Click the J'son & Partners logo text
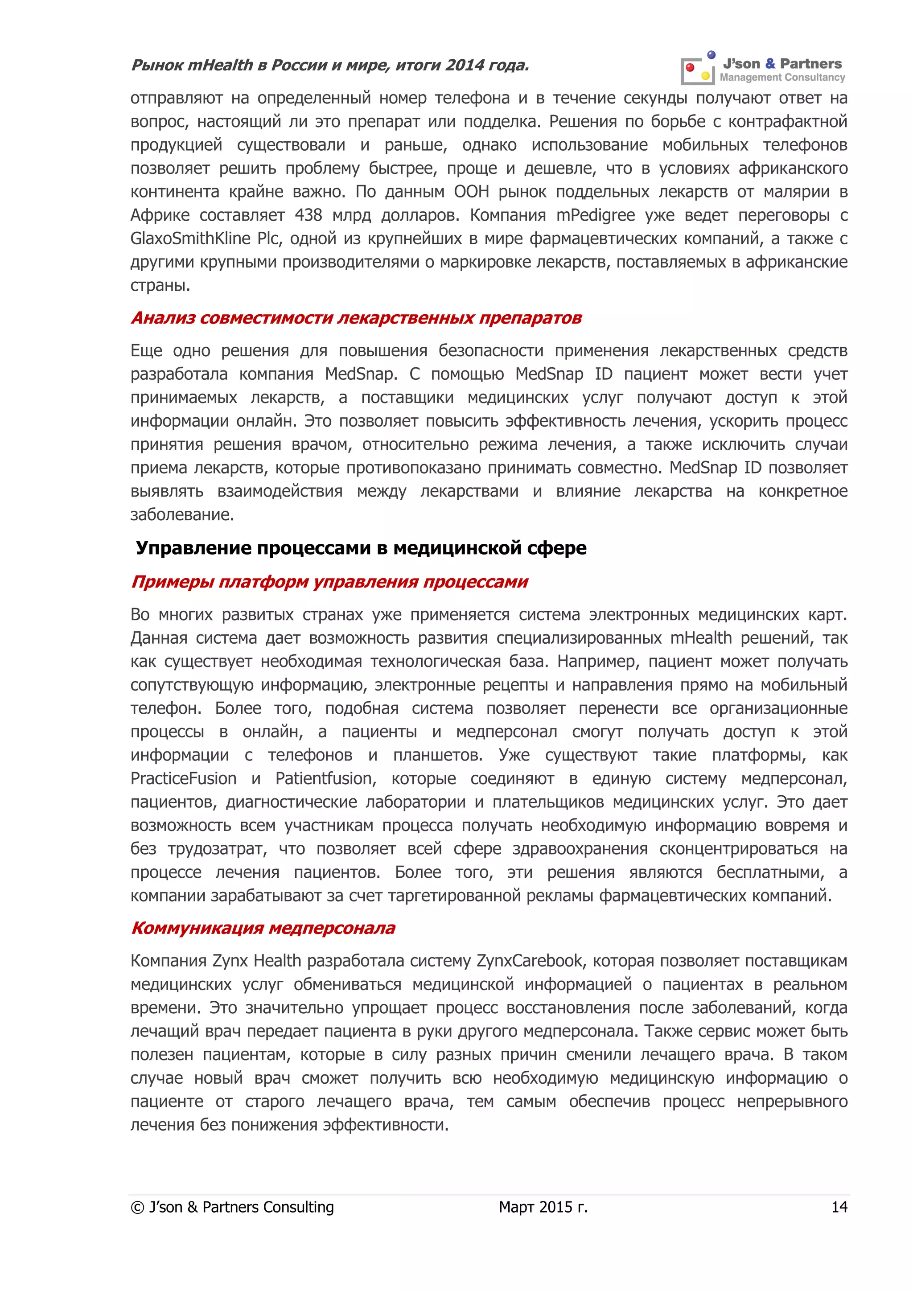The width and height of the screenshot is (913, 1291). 782,64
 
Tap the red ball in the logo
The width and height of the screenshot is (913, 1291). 690,67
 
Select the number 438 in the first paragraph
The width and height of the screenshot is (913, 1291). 308,215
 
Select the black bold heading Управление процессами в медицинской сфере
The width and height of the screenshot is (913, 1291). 361,548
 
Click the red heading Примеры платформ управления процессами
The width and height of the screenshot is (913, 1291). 329,581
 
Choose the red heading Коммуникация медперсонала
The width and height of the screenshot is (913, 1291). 263,928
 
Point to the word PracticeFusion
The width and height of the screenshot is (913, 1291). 183,779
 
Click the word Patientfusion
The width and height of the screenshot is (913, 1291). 325,779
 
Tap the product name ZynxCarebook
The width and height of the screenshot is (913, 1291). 530,961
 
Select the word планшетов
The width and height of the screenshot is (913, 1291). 437,755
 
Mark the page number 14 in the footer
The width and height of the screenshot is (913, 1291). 839,1207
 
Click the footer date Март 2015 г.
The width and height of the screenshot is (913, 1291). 543,1207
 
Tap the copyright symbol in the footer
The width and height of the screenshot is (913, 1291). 137,1208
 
